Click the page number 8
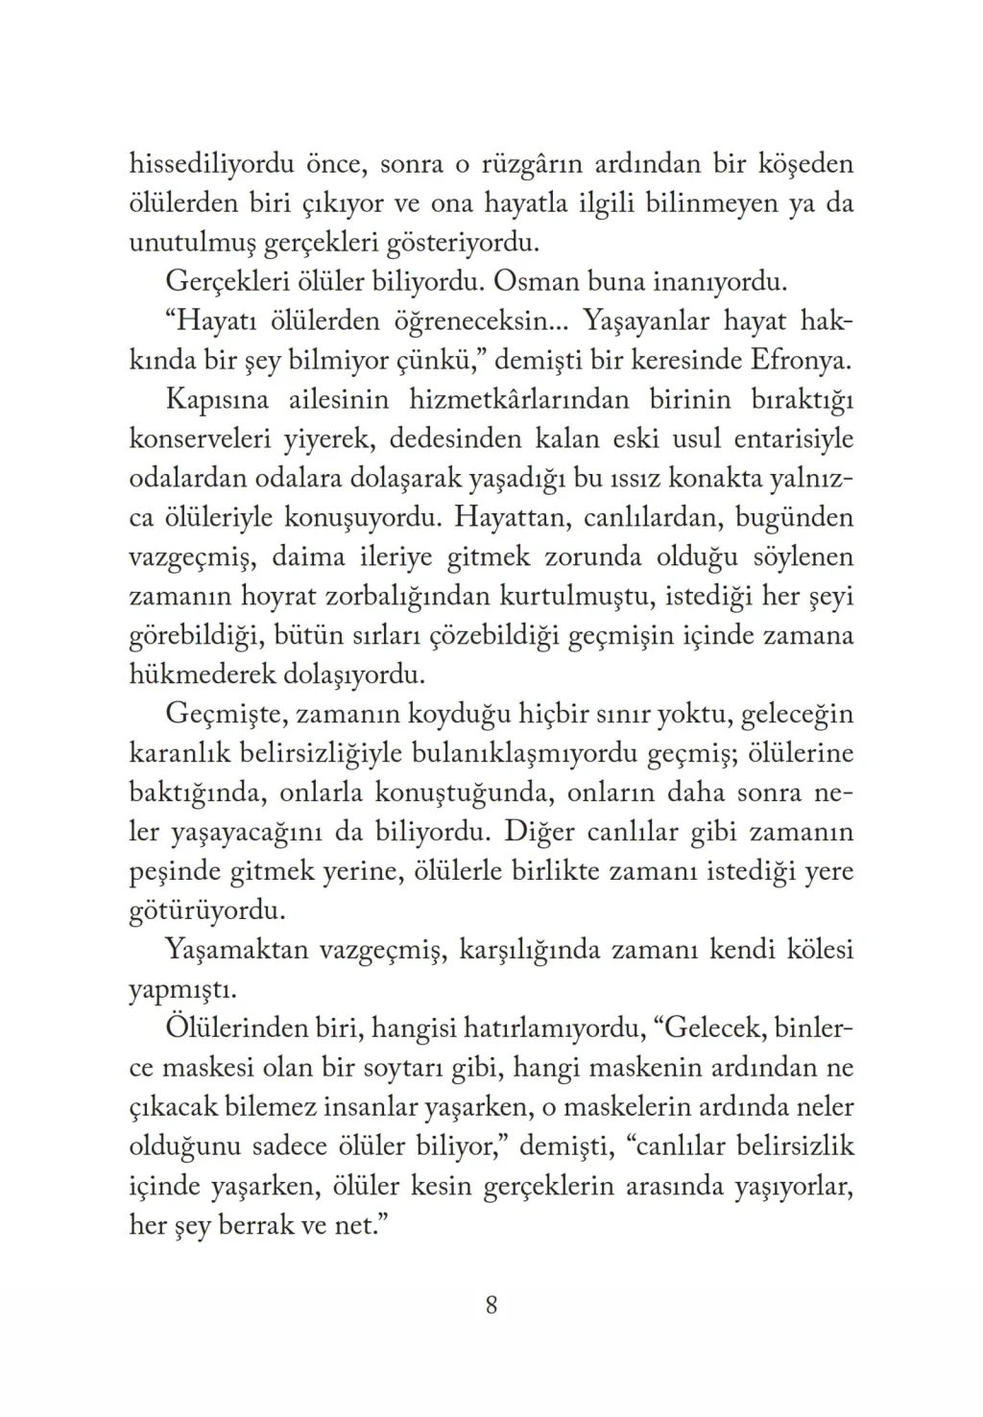tap(491, 1305)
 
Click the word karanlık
tap(180, 754)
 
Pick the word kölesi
tap(815, 951)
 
